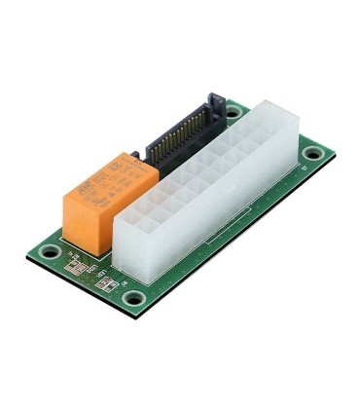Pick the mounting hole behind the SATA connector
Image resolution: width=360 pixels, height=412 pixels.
click(233, 112)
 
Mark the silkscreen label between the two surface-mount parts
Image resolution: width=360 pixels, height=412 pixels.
click(92, 273)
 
